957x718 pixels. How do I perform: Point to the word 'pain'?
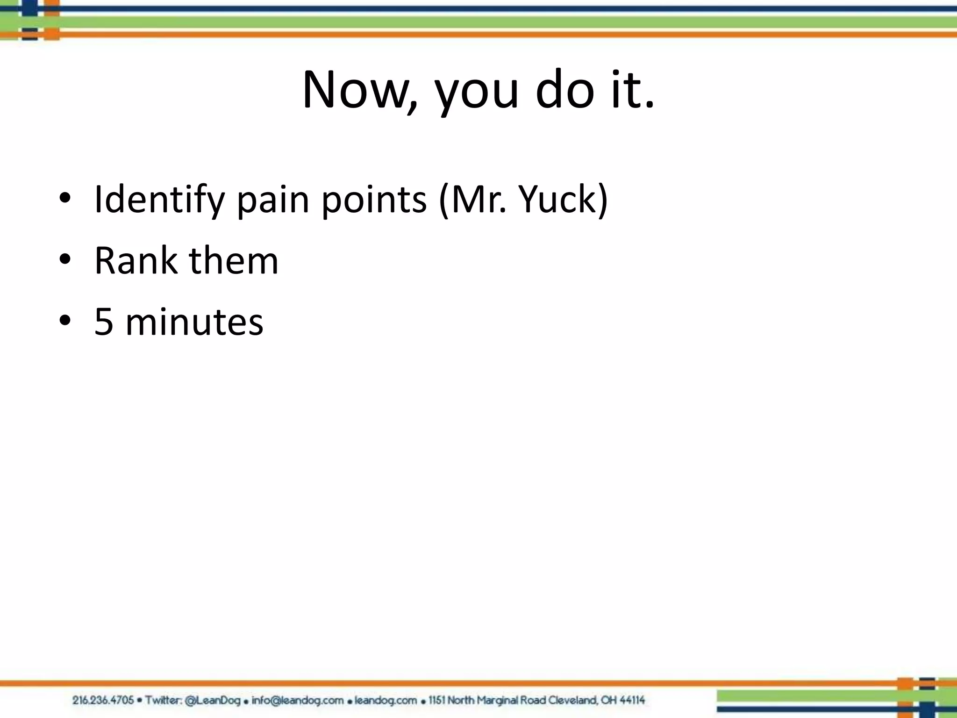coord(273,200)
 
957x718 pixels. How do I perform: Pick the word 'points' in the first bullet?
coord(374,200)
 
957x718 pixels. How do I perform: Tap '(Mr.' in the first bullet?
coord(473,200)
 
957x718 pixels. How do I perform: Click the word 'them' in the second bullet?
coord(233,260)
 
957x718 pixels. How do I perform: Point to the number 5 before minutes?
coord(104,322)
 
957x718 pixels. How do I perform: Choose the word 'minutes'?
coord(194,322)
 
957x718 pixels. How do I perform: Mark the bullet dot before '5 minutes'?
coord(65,320)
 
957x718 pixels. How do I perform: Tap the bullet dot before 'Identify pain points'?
coord(65,198)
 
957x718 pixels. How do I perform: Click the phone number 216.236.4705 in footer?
coord(103,700)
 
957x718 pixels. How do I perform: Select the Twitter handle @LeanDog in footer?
coord(213,700)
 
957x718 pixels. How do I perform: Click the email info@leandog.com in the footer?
coord(297,700)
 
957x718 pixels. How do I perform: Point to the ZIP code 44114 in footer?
coord(632,700)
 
